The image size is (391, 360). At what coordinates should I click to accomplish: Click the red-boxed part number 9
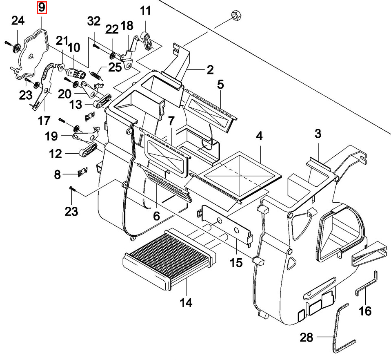point(42,7)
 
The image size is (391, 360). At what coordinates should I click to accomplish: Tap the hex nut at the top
point(235,16)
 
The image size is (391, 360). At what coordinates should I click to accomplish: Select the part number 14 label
point(186,302)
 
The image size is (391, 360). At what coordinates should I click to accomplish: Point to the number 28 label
point(306,338)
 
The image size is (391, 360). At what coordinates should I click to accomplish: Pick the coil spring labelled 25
point(96,75)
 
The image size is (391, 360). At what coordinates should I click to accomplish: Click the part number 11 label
point(145,11)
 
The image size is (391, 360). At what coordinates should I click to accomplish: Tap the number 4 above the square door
point(259,136)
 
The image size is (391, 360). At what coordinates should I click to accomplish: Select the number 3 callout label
point(318,134)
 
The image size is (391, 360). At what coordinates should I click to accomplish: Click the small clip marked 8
point(83,172)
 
